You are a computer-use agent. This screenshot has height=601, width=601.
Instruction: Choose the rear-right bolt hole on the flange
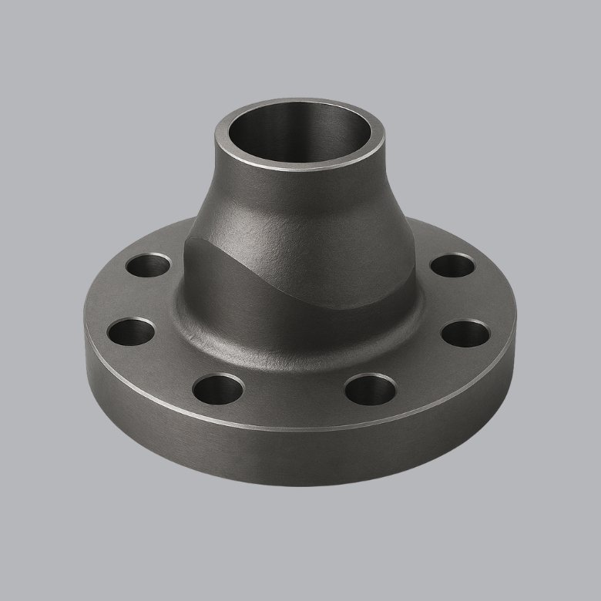452,266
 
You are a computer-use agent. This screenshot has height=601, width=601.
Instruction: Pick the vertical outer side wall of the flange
293,455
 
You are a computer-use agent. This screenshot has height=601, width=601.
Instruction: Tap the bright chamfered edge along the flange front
293,426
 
